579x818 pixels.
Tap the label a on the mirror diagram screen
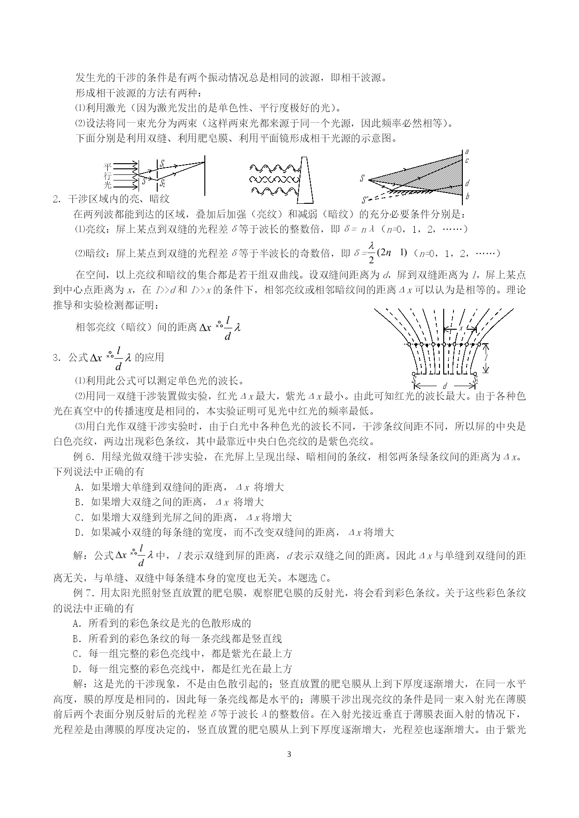(467, 152)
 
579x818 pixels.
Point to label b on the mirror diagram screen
(467, 196)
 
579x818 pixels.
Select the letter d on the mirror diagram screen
(467, 183)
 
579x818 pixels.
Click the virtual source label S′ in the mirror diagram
(364, 201)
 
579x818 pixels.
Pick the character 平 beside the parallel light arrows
(108, 166)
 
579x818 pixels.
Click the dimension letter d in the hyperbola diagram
(445, 386)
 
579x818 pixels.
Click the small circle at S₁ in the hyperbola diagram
(414, 374)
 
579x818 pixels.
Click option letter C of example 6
(78, 517)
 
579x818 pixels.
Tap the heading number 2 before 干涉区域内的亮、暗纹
(56, 199)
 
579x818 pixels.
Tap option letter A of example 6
(78, 487)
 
